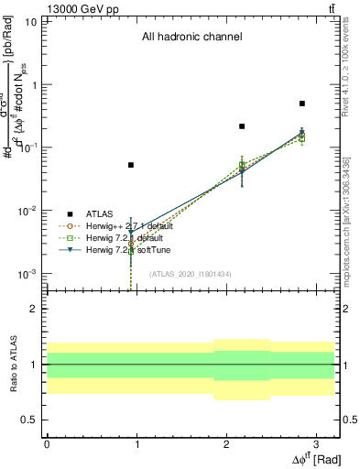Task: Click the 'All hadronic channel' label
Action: [191, 38]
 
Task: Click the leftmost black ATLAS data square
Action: [131, 165]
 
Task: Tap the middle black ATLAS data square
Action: [242, 126]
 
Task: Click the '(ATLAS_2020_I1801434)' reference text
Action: [191, 274]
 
